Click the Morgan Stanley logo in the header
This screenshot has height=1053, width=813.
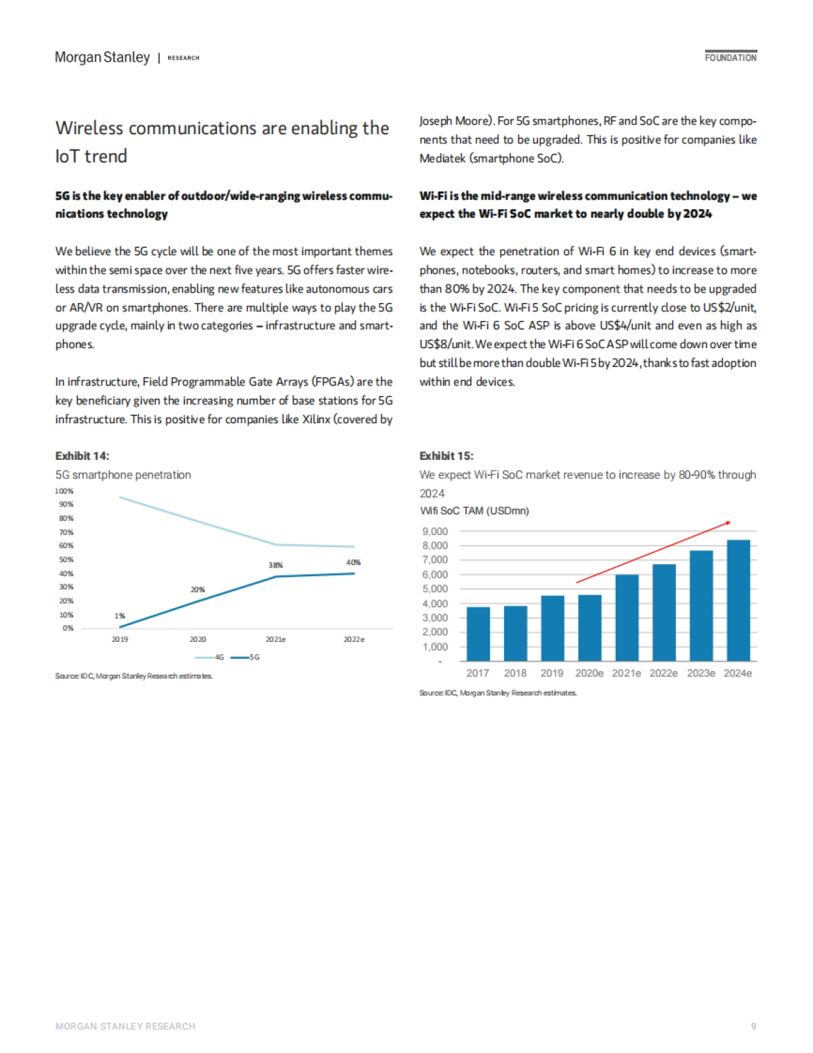102,58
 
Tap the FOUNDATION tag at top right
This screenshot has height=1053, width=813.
730,58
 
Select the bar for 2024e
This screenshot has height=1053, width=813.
738,600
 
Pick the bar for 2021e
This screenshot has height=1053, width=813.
627,617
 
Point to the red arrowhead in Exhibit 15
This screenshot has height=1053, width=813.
728,522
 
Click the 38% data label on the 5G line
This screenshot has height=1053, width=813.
275,565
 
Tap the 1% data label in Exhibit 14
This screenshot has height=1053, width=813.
120,616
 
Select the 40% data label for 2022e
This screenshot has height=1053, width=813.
353,562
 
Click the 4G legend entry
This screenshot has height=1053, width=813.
210,657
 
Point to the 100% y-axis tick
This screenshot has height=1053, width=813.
64,491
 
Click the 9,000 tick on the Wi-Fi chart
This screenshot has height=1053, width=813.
434,532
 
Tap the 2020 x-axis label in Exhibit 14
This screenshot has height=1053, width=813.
198,639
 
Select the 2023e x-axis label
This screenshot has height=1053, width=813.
701,673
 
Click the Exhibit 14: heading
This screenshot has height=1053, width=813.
82,456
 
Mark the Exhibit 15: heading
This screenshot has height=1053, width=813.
446,456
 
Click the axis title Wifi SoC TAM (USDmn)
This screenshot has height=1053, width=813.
474,511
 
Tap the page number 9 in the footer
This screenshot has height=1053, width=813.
753,1027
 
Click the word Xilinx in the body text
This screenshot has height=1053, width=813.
316,419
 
